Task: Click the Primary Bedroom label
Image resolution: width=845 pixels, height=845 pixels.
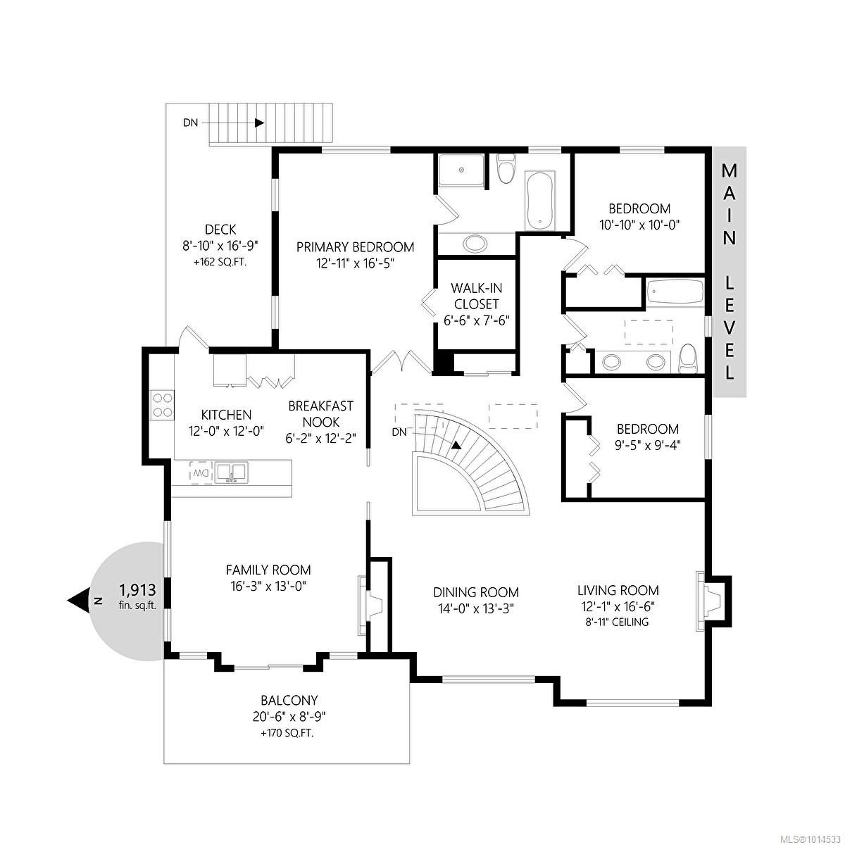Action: tap(355, 247)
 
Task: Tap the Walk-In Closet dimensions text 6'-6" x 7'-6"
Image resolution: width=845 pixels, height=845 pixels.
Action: tap(476, 320)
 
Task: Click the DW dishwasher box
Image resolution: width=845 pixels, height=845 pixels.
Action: tap(201, 472)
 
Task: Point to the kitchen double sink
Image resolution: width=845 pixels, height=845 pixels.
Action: tap(230, 472)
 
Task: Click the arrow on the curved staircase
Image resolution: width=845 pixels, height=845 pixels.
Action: tap(457, 445)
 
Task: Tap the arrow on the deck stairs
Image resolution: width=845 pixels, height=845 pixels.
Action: tap(259, 123)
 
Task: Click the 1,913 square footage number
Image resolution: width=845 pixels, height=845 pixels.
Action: tap(137, 589)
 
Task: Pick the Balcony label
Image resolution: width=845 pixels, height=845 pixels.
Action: tap(289, 701)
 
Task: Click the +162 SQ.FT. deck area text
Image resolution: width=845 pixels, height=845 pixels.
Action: tap(220, 262)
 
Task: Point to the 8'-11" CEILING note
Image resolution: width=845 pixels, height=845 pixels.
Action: tap(618, 622)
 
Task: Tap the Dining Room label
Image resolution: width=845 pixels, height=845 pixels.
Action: tap(476, 592)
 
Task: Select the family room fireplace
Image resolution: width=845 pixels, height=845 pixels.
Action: tap(369, 603)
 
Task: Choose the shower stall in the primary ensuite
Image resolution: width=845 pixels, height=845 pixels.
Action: tap(461, 170)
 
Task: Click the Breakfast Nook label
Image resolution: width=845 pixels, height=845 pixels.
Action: tap(320, 414)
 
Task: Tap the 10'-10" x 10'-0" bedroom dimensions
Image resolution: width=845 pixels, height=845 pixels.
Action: tap(639, 225)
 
